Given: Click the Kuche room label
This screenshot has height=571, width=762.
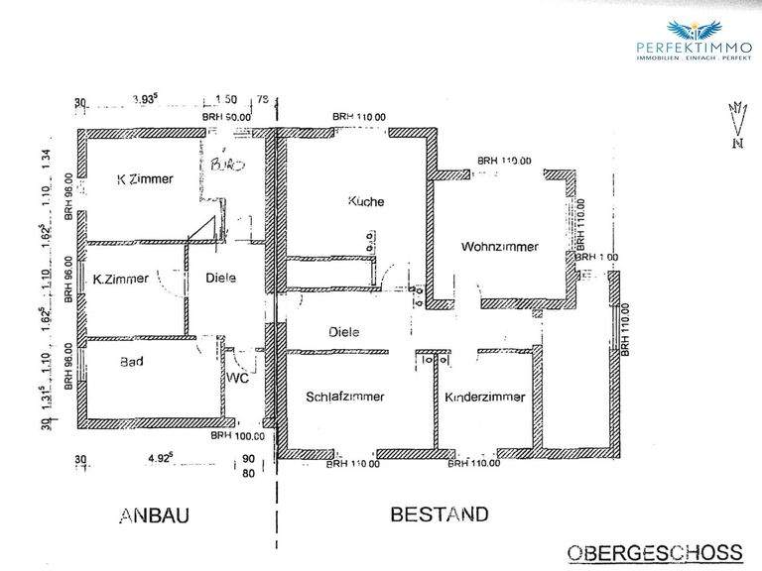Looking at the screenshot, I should (365, 201).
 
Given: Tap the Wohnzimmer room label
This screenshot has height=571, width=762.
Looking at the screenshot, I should (500, 247).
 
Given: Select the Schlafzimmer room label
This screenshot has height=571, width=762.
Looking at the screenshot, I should (346, 396).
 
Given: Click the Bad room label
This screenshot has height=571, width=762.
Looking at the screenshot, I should (130, 362).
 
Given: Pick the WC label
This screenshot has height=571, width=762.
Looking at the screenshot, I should (237, 379).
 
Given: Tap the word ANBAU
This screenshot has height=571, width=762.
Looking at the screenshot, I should (154, 515).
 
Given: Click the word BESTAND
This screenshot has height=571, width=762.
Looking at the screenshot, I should (440, 514).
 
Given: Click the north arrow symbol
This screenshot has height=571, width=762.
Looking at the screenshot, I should (736, 124).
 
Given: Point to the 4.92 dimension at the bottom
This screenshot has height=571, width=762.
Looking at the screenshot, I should (161, 458).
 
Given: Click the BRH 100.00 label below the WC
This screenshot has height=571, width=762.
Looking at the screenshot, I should (238, 435).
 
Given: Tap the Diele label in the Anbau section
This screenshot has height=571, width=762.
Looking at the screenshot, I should (219, 279).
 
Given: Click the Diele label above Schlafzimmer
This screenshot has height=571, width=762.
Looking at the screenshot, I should (343, 332).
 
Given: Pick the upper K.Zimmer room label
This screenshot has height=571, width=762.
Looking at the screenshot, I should (145, 179).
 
